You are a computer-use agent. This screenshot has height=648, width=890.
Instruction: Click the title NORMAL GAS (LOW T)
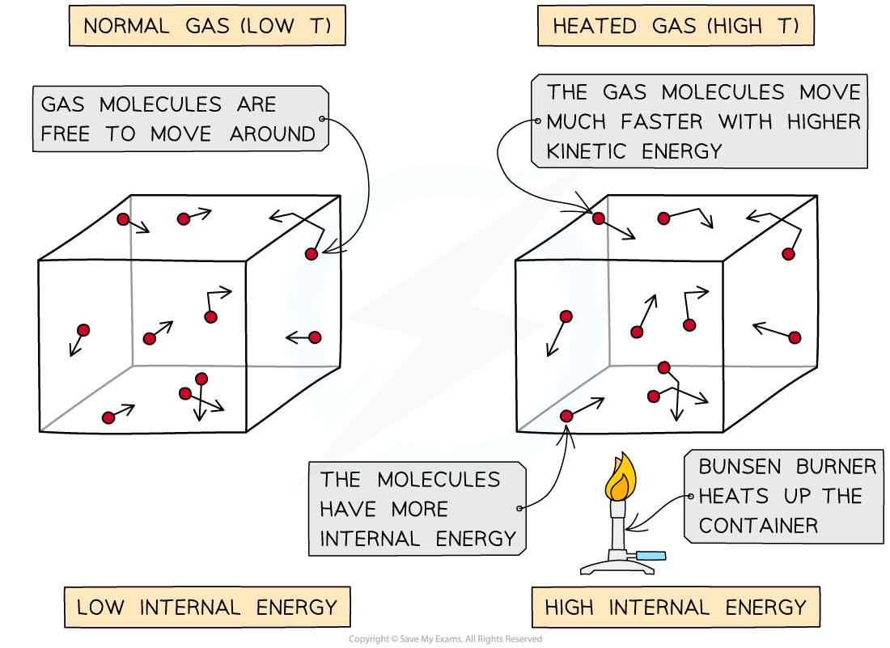click(207, 26)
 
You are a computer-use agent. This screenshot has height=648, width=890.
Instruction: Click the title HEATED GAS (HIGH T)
click(676, 26)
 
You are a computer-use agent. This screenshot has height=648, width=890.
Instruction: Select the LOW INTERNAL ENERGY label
click(207, 607)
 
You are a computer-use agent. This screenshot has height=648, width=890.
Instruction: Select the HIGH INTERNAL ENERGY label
click(676, 607)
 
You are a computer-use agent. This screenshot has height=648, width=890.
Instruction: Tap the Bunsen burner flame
click(621, 476)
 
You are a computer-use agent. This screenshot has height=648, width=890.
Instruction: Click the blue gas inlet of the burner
click(651, 556)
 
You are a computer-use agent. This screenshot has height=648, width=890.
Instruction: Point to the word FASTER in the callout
click(661, 121)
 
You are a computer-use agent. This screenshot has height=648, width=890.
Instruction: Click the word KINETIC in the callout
click(586, 151)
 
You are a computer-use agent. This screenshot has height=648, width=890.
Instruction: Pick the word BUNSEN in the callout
click(740, 467)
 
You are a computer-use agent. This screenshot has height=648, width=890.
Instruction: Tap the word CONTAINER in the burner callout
click(758, 525)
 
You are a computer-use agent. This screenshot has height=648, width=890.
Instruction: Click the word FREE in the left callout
click(66, 134)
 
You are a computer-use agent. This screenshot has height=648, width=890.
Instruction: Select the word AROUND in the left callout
click(273, 134)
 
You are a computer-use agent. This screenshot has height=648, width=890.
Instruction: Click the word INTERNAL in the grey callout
click(370, 539)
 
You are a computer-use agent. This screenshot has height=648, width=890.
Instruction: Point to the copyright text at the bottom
click(445, 639)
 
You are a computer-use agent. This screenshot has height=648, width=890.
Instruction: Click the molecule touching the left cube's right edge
click(311, 254)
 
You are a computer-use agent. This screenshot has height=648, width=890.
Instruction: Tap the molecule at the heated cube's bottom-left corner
click(566, 416)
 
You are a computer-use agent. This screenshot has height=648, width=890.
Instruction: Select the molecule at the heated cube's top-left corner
click(598, 218)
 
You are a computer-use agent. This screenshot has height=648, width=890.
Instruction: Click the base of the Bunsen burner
click(617, 565)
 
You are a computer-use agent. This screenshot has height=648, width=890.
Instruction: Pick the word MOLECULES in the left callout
click(161, 104)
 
